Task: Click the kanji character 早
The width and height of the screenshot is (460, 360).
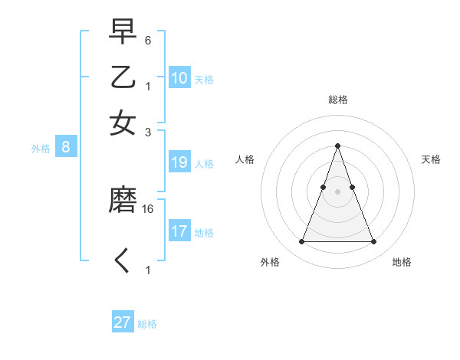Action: pyautogui.click(x=123, y=33)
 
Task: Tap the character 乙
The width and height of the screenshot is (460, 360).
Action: pyautogui.click(x=123, y=78)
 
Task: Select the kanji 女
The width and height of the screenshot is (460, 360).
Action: pyautogui.click(x=123, y=123)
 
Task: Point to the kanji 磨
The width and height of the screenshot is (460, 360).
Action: pyautogui.click(x=123, y=201)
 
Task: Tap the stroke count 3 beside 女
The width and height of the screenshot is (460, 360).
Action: pyautogui.click(x=149, y=132)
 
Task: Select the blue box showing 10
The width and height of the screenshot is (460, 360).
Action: pyautogui.click(x=179, y=78)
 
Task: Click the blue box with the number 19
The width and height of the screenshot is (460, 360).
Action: pyautogui.click(x=179, y=162)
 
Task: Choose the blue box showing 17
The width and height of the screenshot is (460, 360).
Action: pyautogui.click(x=179, y=231)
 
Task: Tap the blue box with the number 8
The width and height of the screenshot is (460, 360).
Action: pyautogui.click(x=66, y=148)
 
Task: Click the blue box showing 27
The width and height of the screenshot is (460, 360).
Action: pyautogui.click(x=123, y=322)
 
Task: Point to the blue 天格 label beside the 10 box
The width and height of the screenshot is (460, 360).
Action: pyautogui.click(x=204, y=79)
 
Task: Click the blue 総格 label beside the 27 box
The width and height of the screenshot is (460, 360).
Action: pyautogui.click(x=147, y=324)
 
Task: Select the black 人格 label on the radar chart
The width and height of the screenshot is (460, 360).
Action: pyautogui.click(x=245, y=159)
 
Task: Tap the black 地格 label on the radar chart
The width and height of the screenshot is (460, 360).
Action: pyautogui.click(x=402, y=262)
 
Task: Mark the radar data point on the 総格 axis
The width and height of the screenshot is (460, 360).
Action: pyautogui.click(x=337, y=146)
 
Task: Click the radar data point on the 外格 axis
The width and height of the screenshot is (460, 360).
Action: pyautogui.click(x=301, y=242)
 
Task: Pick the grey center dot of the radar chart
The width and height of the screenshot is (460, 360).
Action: pyautogui.click(x=337, y=191)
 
